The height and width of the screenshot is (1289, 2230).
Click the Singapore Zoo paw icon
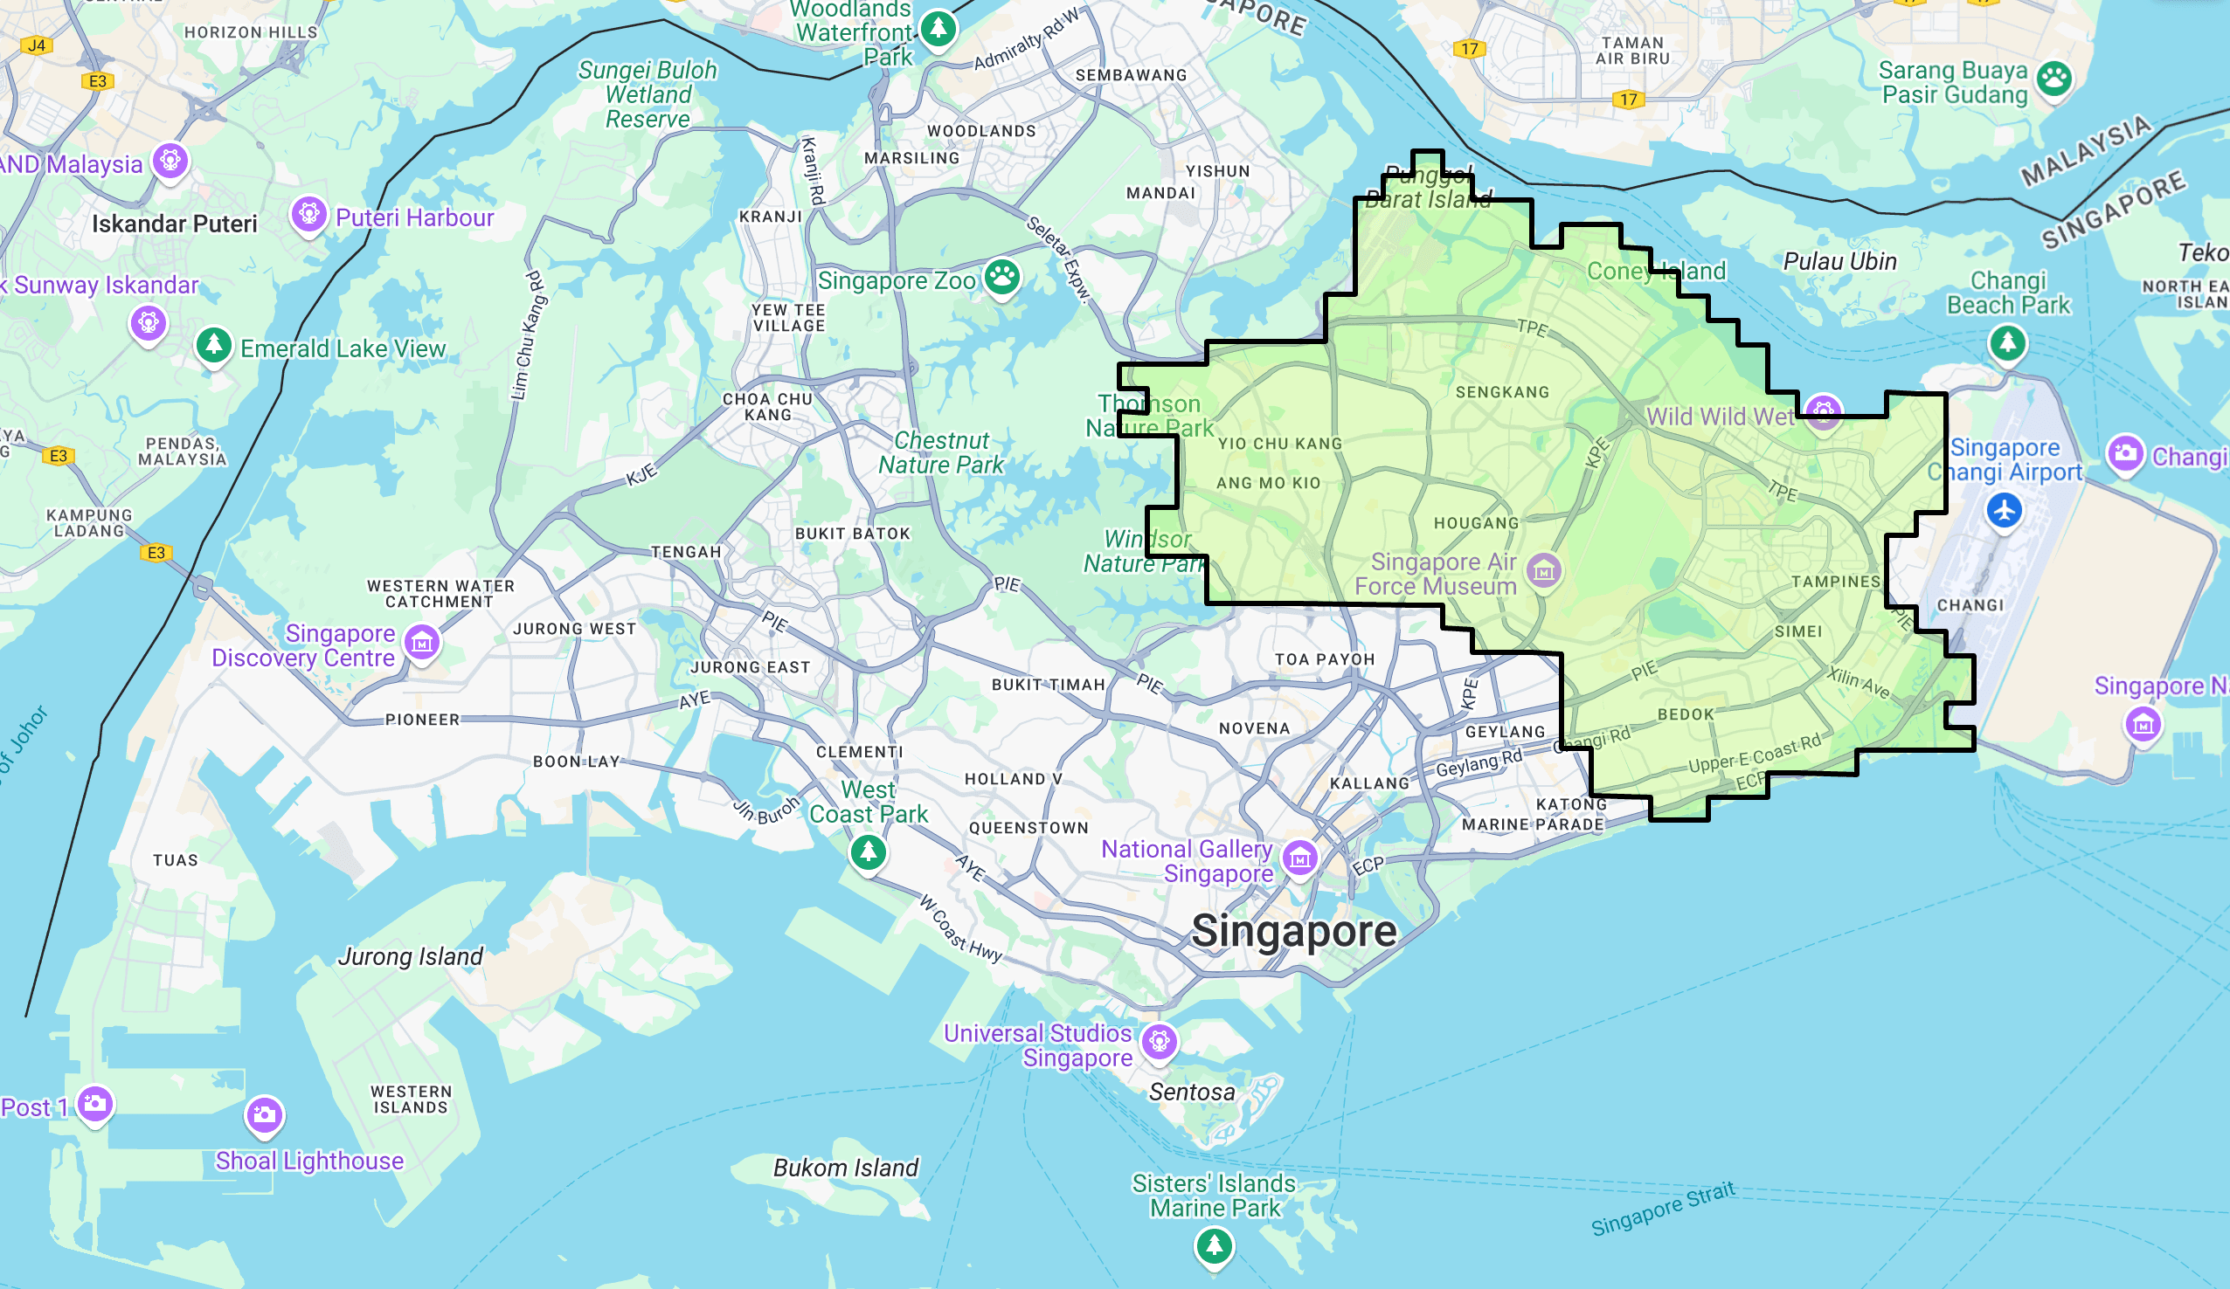tap(1001, 277)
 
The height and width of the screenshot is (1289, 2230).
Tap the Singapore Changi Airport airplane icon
tap(2005, 510)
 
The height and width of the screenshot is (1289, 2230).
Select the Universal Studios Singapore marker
tap(1160, 1041)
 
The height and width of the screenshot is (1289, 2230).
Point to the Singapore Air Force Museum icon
tap(1544, 570)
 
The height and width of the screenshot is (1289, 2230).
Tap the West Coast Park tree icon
tap(868, 852)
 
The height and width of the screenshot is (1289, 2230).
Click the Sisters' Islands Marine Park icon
tap(1214, 1246)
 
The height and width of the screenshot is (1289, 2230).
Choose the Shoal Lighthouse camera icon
tap(264, 1114)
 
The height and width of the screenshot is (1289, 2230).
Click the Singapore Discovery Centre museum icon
tap(422, 642)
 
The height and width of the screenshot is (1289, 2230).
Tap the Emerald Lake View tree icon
tap(213, 344)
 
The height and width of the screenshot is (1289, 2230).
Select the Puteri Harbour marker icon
tap(308, 213)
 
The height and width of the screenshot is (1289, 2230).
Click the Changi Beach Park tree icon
tap(2007, 341)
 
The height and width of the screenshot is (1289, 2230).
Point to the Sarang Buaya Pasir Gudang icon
tap(2053, 79)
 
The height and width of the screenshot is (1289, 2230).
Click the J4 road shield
tap(37, 45)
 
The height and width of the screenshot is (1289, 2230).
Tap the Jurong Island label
tap(411, 956)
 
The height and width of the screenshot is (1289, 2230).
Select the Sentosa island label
tap(1192, 1093)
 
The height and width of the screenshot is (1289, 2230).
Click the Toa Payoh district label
tap(1325, 659)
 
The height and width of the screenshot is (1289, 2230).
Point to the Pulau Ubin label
tap(1839, 262)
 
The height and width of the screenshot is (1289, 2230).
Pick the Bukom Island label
tap(846, 1168)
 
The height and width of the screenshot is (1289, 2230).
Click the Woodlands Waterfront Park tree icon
tap(938, 28)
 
